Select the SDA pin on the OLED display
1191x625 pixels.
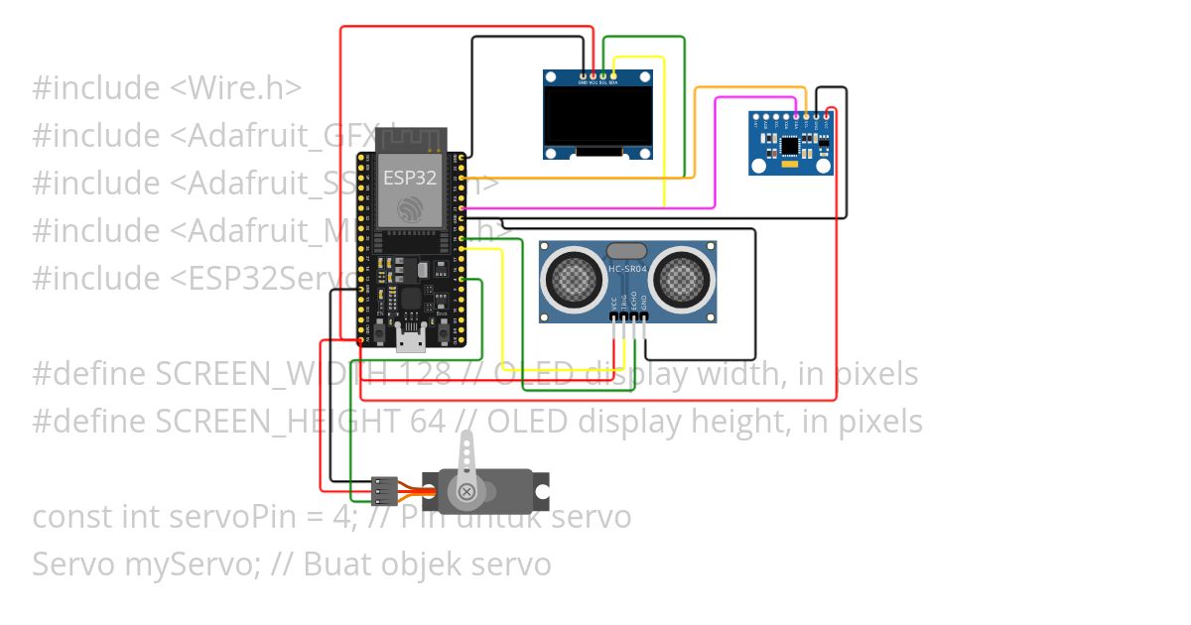pyautogui.click(x=613, y=76)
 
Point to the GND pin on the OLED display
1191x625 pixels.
pyautogui.click(x=583, y=76)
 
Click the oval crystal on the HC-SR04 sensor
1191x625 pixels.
pyautogui.click(x=626, y=251)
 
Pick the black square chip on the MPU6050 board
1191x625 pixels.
pyautogui.click(x=790, y=147)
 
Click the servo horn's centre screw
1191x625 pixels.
pyautogui.click(x=464, y=490)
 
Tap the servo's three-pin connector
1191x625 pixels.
pyautogui.click(x=384, y=489)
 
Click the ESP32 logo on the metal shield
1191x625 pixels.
pyautogui.click(x=410, y=209)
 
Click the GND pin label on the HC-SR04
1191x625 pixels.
pyautogui.click(x=644, y=302)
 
